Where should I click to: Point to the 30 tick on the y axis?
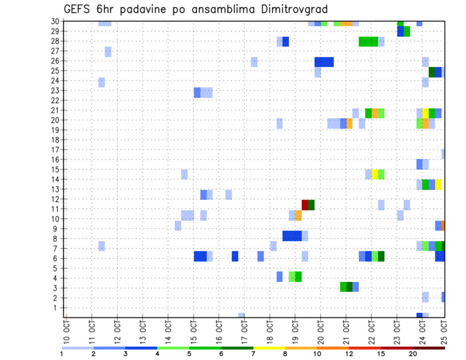[x=56, y=21]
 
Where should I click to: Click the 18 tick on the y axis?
[x=56, y=140]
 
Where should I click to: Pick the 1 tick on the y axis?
[x=58, y=308]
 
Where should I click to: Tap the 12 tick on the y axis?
[x=56, y=199]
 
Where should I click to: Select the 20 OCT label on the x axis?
[x=321, y=332]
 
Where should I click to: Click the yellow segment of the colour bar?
[x=269, y=348]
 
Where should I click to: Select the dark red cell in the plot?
[x=305, y=204]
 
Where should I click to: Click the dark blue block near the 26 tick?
[x=324, y=62]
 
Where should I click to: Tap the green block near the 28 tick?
[x=368, y=42]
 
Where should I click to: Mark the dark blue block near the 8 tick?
[x=292, y=236]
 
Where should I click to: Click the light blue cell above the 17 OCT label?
[x=241, y=315]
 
